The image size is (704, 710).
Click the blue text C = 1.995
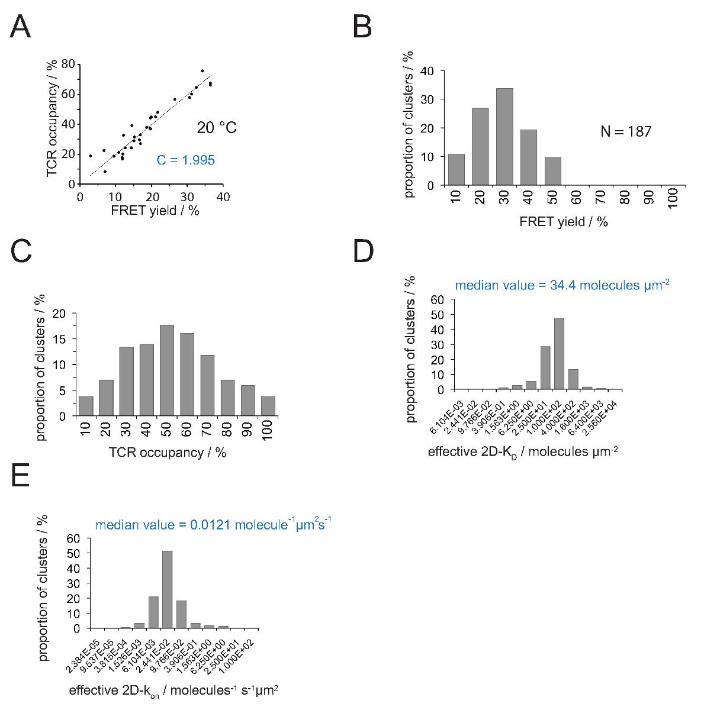pyautogui.click(x=185, y=160)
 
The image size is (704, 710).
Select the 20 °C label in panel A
pyautogui.click(x=217, y=127)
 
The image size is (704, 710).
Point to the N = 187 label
pyautogui.click(x=625, y=131)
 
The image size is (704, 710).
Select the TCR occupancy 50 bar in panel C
pyautogui.click(x=167, y=370)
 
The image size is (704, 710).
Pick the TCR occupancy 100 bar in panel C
pyautogui.click(x=268, y=406)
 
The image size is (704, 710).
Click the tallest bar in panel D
pyautogui.click(x=558, y=354)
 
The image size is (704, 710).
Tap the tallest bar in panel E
pyautogui.click(x=167, y=589)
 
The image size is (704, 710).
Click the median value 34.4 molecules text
pyautogui.click(x=562, y=285)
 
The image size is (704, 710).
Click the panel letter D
pyautogui.click(x=364, y=251)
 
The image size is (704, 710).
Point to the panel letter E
pyautogui.click(x=20, y=475)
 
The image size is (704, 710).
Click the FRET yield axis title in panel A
pyautogui.click(x=155, y=211)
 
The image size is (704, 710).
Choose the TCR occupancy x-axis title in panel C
pyautogui.click(x=168, y=453)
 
